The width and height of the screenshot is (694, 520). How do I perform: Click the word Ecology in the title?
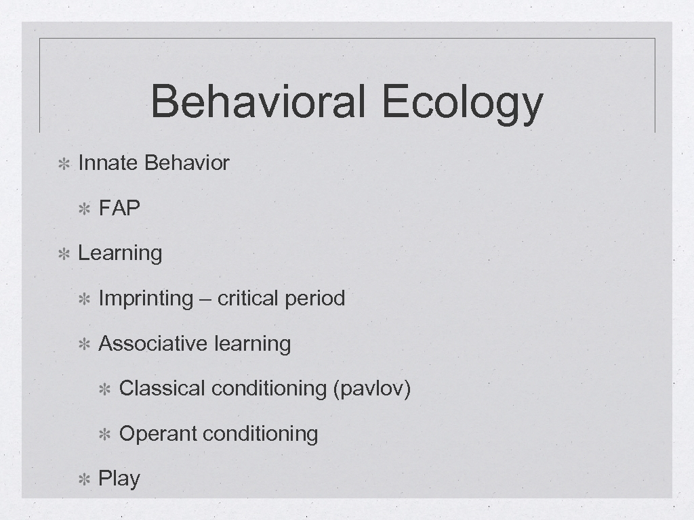pos(462,103)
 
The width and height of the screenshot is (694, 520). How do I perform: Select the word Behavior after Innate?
pos(187,163)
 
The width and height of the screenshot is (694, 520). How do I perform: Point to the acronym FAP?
pos(119,208)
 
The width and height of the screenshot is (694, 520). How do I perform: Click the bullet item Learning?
pos(120,253)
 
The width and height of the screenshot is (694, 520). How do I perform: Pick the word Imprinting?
pos(146,299)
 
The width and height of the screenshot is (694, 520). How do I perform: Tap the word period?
pos(314,299)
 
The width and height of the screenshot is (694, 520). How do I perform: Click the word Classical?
pos(162,389)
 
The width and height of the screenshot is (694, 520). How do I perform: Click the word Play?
pos(119,479)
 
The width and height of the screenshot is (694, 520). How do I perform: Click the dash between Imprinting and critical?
pos(205,299)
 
